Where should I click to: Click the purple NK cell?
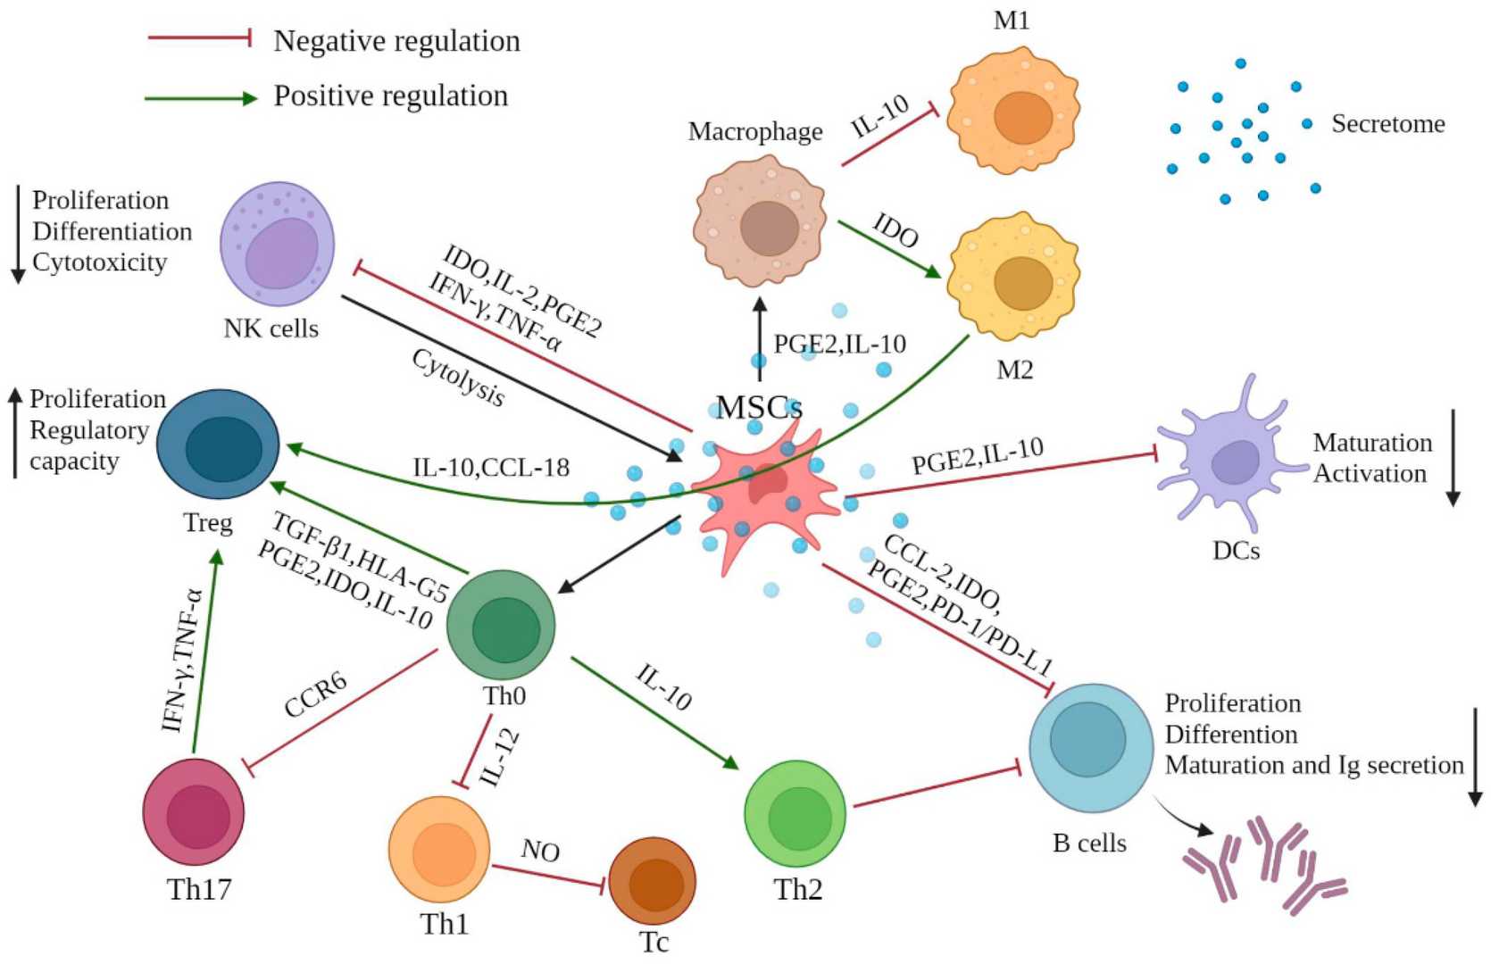point(277,245)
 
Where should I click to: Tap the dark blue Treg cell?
point(219,444)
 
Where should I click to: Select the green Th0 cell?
point(501,625)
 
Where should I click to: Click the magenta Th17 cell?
point(194,812)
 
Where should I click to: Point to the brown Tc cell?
point(653,880)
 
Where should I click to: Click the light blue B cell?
point(1090,746)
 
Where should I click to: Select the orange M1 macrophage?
point(1014,112)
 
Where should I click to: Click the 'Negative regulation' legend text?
point(396,41)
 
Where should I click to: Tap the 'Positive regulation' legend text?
point(390,96)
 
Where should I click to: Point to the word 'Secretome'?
point(1387,123)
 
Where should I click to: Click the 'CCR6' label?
point(315,694)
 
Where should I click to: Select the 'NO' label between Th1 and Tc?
point(540,851)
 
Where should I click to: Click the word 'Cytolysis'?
point(458,378)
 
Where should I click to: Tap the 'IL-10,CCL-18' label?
point(490,467)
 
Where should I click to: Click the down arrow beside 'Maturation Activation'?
point(1453,457)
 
